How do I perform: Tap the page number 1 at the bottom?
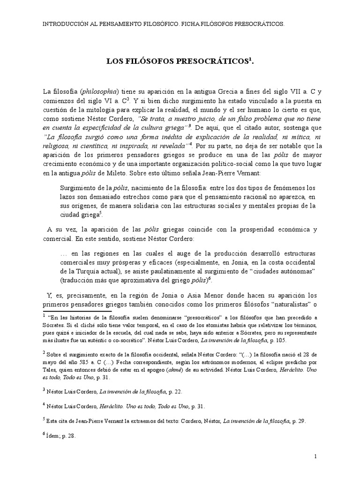[315, 456]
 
